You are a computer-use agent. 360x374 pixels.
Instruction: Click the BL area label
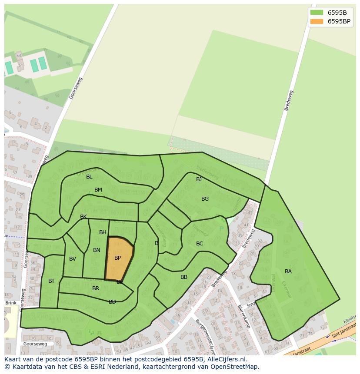click(x=89, y=177)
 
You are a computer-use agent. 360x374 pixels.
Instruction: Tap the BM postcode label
click(x=98, y=190)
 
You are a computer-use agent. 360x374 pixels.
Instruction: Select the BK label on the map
click(x=83, y=217)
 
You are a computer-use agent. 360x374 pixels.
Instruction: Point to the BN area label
click(x=97, y=250)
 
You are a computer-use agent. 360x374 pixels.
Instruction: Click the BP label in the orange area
click(x=117, y=258)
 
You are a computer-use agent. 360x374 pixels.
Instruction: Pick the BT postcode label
click(x=51, y=281)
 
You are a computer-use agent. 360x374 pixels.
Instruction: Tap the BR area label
click(x=96, y=288)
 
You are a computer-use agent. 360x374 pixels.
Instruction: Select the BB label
click(x=184, y=277)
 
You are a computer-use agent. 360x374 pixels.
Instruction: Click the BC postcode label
click(x=200, y=244)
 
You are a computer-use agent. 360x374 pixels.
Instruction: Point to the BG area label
click(x=205, y=199)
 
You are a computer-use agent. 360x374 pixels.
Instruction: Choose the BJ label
click(x=199, y=179)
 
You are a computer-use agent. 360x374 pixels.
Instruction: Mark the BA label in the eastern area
click(x=288, y=271)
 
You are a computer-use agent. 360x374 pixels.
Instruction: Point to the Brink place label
click(x=11, y=303)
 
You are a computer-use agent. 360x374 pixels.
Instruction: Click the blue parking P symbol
click(x=221, y=229)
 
